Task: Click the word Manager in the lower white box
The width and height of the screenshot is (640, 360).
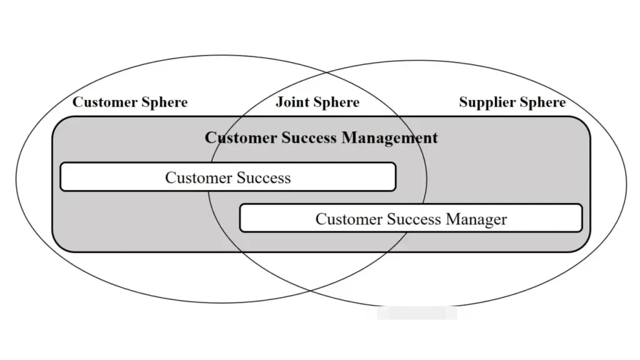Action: click(x=476, y=219)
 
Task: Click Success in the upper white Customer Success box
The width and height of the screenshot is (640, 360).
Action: click(x=263, y=178)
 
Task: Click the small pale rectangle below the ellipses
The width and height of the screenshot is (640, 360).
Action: click(x=417, y=313)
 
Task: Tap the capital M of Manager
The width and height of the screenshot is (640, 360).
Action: click(x=452, y=219)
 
